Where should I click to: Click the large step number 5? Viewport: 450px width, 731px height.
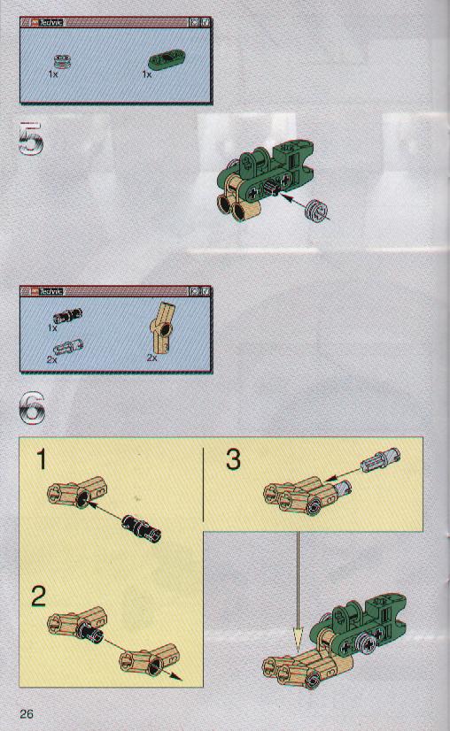pos(31,138)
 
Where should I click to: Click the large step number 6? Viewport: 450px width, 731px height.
pos(32,407)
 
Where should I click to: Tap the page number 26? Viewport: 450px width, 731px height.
pos(27,714)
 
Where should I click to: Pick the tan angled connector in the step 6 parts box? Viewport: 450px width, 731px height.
pos(162,328)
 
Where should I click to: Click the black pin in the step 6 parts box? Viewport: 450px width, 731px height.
pos(67,316)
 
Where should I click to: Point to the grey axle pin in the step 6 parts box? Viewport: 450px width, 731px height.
pos(68,346)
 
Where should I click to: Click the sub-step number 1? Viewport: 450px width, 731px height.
pos(42,459)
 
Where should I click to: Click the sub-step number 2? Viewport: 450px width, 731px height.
pos(39,596)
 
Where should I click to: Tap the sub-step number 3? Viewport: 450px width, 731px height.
pos(233,458)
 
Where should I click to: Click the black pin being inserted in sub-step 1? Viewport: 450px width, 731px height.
pos(142,528)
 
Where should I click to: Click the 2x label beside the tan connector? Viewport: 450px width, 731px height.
pos(152,358)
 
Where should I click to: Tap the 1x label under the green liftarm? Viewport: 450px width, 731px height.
pos(147,74)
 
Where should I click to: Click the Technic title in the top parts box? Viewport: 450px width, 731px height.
pos(50,22)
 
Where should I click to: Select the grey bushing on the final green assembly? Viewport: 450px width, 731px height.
pos(364,643)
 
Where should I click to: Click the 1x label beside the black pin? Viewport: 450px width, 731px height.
pos(53,327)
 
